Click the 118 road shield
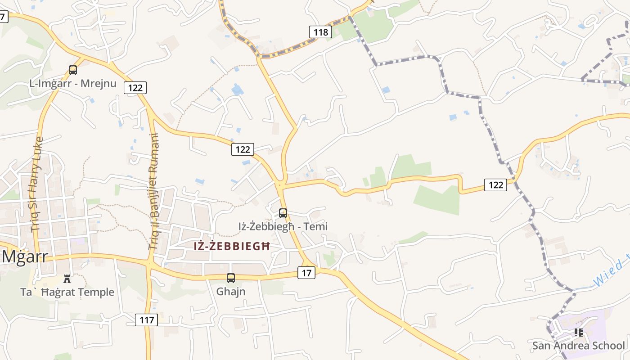(x=320, y=32)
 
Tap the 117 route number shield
(x=147, y=320)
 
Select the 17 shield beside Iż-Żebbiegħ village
(x=306, y=273)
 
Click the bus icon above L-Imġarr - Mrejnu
(x=73, y=70)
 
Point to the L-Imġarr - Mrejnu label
(x=73, y=84)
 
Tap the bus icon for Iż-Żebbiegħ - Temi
(x=283, y=213)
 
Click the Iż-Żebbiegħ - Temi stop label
(x=283, y=226)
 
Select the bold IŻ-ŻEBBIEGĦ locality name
(x=232, y=247)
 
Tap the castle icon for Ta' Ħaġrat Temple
(x=67, y=279)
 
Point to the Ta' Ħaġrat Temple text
(x=67, y=292)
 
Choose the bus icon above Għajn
(x=231, y=278)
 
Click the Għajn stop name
(x=231, y=292)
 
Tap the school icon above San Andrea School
(x=578, y=333)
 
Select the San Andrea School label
(x=578, y=346)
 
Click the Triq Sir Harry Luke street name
(x=37, y=184)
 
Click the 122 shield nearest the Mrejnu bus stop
(x=135, y=87)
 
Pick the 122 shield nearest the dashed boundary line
(x=495, y=184)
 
